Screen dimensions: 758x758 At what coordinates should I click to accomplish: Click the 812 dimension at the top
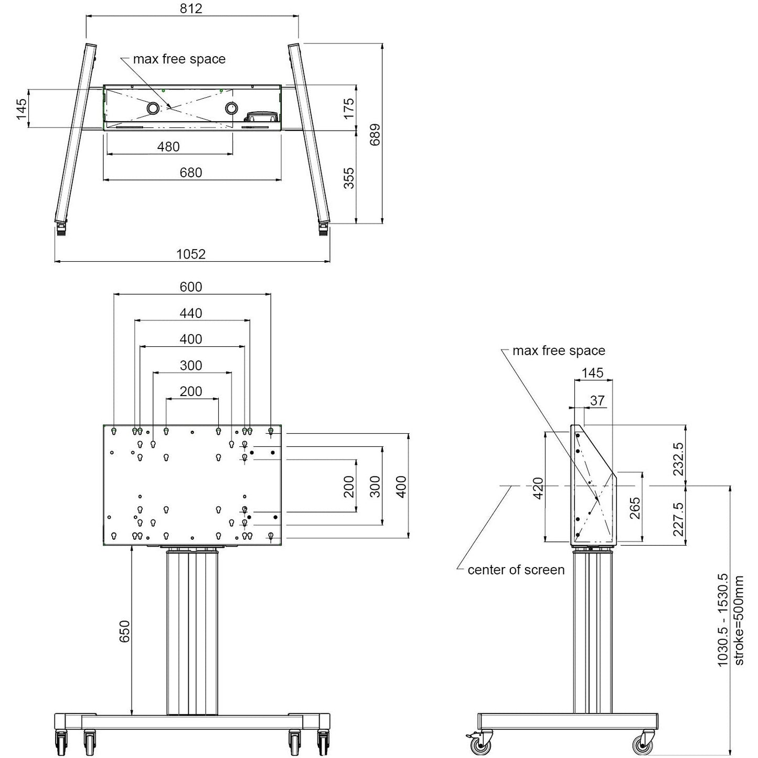tap(190, 8)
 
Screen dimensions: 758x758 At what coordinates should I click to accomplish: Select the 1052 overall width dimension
tap(190, 254)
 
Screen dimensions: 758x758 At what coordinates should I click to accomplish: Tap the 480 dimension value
tap(168, 147)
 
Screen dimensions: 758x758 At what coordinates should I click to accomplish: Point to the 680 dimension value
tap(190, 173)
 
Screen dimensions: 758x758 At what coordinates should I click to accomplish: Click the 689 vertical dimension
tap(375, 134)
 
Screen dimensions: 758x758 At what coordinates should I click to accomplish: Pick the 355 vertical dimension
tap(349, 178)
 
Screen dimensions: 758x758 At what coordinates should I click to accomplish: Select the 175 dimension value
tap(349, 108)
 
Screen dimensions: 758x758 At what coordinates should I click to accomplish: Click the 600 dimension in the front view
tap(190, 287)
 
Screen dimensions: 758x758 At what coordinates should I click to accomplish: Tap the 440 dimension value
tap(190, 313)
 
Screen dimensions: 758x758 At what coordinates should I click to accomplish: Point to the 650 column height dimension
tap(124, 631)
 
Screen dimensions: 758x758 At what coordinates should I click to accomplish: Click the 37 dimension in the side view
tap(597, 400)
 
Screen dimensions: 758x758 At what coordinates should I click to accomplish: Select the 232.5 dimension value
tap(678, 458)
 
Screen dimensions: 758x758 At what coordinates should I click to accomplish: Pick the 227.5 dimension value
tap(678, 519)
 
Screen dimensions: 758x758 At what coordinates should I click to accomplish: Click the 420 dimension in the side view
tap(538, 488)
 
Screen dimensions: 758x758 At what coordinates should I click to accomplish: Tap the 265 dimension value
tap(635, 508)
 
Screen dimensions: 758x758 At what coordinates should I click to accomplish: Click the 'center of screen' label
tap(516, 570)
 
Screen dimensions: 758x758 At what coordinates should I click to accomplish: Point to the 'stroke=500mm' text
tap(739, 621)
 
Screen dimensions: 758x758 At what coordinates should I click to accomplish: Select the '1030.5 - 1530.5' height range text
tap(723, 621)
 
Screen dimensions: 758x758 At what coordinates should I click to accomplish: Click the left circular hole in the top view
tap(153, 108)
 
